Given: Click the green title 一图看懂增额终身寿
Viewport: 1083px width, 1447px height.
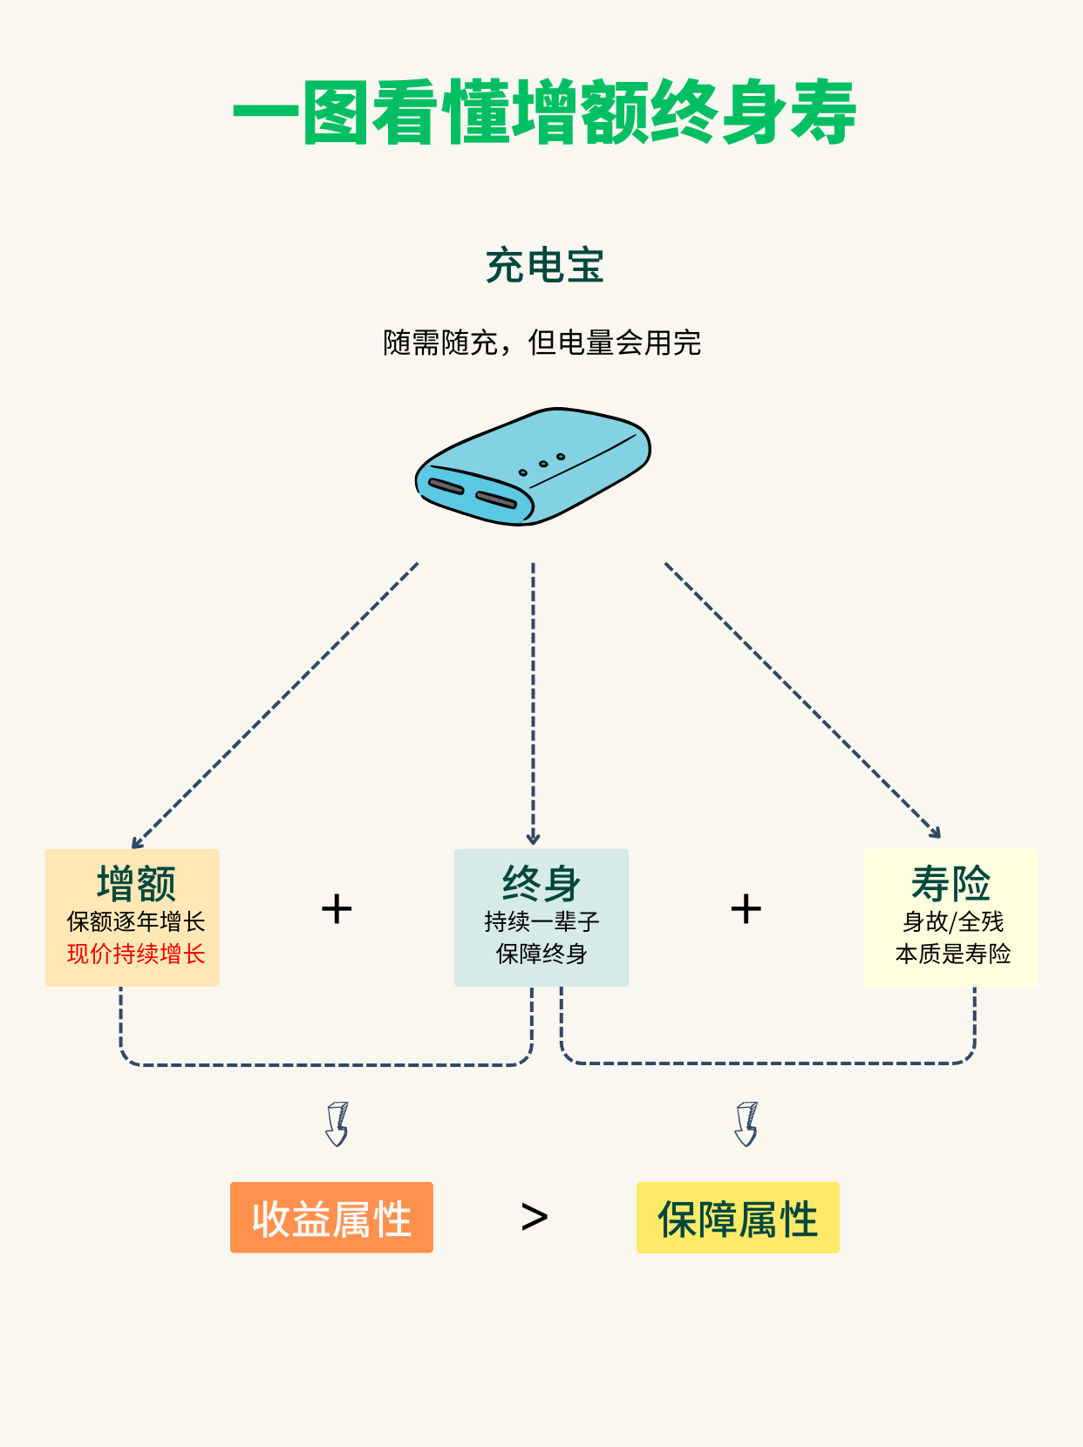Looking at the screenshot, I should pyautogui.click(x=544, y=112).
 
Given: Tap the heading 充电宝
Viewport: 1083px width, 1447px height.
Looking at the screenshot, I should pyautogui.click(x=544, y=266).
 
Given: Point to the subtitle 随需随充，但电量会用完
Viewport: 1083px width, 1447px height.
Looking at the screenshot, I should pyautogui.click(x=541, y=343).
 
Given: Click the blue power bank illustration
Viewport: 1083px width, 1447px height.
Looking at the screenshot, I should pyautogui.click(x=534, y=466).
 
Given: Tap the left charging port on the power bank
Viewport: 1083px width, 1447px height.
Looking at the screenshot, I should pyautogui.click(x=446, y=486).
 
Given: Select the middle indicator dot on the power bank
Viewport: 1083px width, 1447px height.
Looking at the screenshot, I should pyautogui.click(x=542, y=464).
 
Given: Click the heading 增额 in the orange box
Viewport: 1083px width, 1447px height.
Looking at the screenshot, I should pyautogui.click(x=136, y=883).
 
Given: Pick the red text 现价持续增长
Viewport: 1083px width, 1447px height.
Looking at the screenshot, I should pyautogui.click(x=136, y=954).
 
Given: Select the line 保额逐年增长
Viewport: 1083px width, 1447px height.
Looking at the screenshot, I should pyautogui.click(x=136, y=921).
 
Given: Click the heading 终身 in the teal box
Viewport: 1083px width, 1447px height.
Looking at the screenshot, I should pyautogui.click(x=541, y=883).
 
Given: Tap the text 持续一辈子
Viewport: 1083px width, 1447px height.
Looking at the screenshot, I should pyautogui.click(x=541, y=921).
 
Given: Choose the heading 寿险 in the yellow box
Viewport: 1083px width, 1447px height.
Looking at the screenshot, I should pyautogui.click(x=950, y=883).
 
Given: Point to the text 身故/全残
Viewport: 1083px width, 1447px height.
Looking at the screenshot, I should pyautogui.click(x=952, y=921).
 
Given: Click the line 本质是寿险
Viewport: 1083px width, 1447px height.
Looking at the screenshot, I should pyautogui.click(x=952, y=954).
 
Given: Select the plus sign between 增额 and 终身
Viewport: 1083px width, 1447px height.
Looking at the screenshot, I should pyautogui.click(x=337, y=909).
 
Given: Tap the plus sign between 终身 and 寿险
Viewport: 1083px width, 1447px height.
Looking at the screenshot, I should pyautogui.click(x=746, y=909).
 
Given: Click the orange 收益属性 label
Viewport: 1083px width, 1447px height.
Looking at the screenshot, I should pyautogui.click(x=331, y=1218).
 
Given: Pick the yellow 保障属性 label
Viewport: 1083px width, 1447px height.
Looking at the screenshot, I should pyautogui.click(x=738, y=1218).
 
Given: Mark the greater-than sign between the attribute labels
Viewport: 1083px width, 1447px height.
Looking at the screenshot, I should pyautogui.click(x=534, y=1217).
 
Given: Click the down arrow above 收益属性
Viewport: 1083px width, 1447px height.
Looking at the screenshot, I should pyautogui.click(x=337, y=1124).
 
